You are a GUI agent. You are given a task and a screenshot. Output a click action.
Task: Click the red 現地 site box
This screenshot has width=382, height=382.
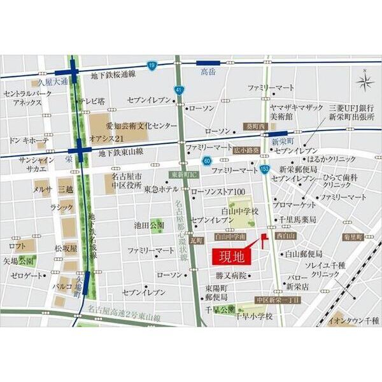229,258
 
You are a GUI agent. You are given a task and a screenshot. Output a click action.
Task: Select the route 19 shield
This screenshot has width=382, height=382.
152,66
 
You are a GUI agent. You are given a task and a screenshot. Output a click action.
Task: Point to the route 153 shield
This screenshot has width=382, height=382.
264,168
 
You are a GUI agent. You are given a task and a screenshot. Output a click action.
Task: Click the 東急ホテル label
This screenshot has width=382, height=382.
160,189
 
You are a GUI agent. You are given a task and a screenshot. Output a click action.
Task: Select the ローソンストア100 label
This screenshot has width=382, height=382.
218,192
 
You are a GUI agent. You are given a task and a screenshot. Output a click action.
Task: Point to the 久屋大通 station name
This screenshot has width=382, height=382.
52,82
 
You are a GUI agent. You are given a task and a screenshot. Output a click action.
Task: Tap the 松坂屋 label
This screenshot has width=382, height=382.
66,248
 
